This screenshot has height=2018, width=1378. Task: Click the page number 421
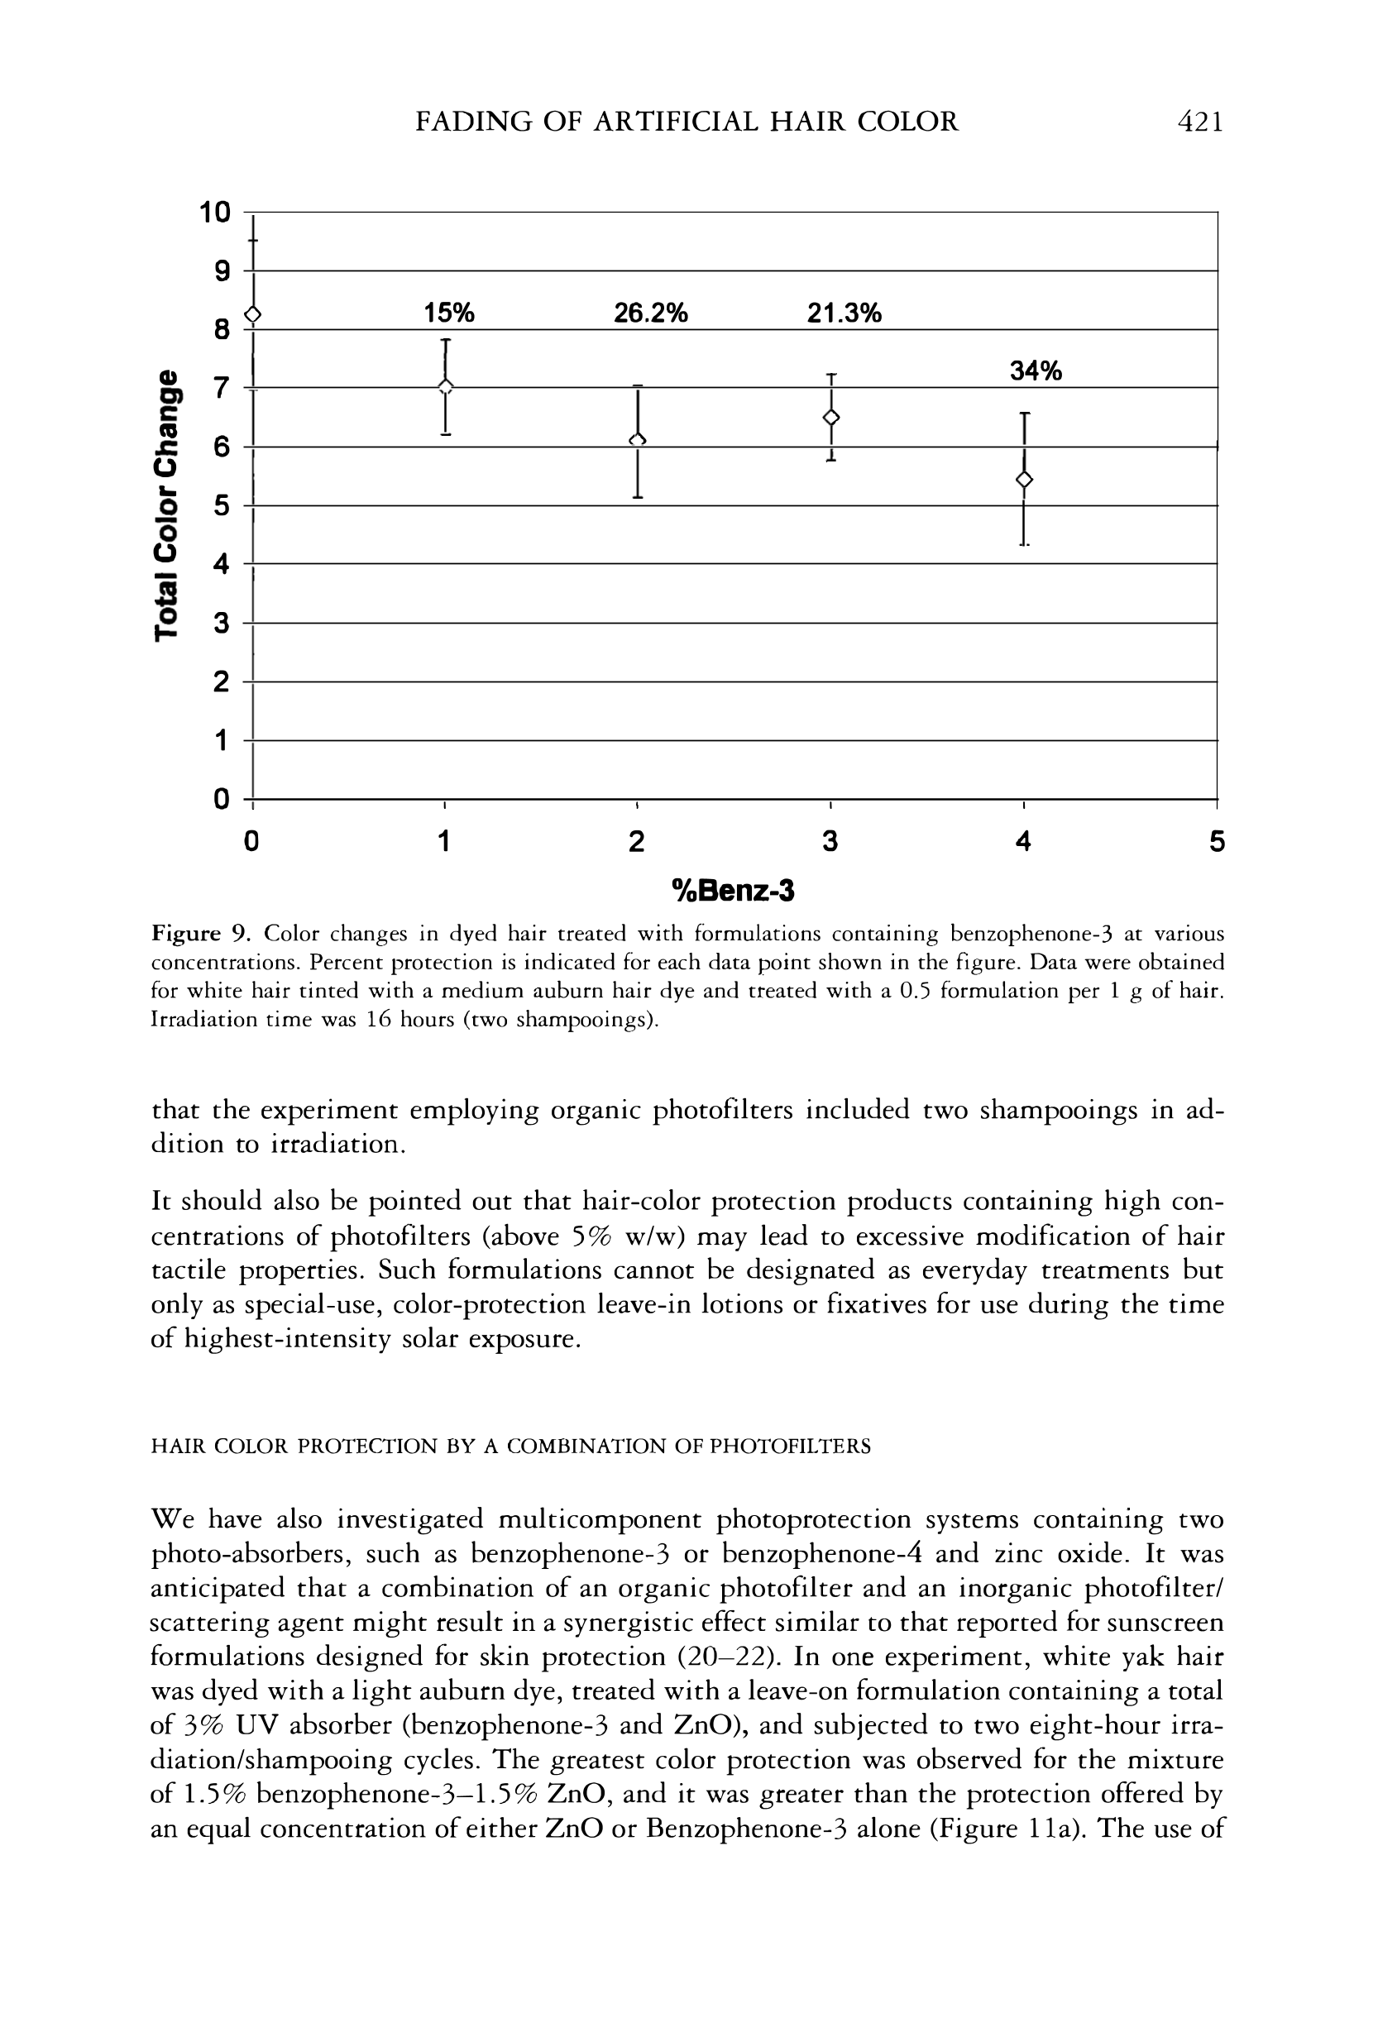pyautogui.click(x=1199, y=122)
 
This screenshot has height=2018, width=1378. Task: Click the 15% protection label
pyautogui.click(x=449, y=313)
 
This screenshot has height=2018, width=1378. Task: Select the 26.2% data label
pyautogui.click(x=650, y=313)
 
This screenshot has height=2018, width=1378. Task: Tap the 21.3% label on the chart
pyautogui.click(x=844, y=313)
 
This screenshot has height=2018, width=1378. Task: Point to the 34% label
pyautogui.click(x=1035, y=371)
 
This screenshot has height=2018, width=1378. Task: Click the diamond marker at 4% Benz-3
pyautogui.click(x=1025, y=480)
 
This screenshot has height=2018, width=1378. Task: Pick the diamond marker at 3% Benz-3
pyautogui.click(x=831, y=418)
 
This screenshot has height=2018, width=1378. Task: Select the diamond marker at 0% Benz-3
pyautogui.click(x=252, y=314)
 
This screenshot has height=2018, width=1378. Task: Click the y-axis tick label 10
pyautogui.click(x=215, y=212)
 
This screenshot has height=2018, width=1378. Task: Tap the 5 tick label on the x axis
pyautogui.click(x=1217, y=841)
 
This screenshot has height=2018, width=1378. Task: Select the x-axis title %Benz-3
pyautogui.click(x=734, y=890)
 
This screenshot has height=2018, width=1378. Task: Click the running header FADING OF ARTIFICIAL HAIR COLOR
pyautogui.click(x=687, y=122)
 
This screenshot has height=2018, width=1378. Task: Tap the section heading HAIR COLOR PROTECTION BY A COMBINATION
pyautogui.click(x=510, y=1446)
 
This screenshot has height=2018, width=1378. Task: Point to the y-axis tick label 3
pyautogui.click(x=222, y=623)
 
